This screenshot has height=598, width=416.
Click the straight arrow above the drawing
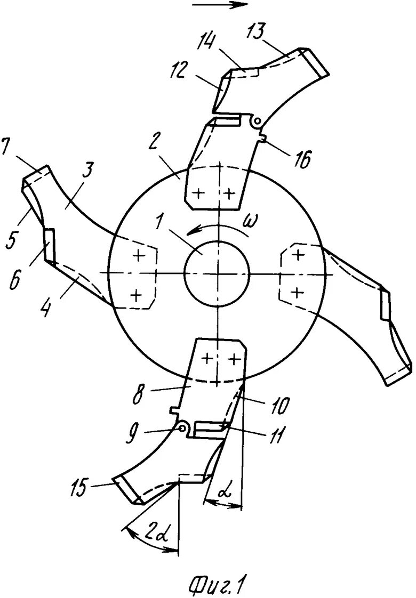pyautogui.click(x=220, y=5)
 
